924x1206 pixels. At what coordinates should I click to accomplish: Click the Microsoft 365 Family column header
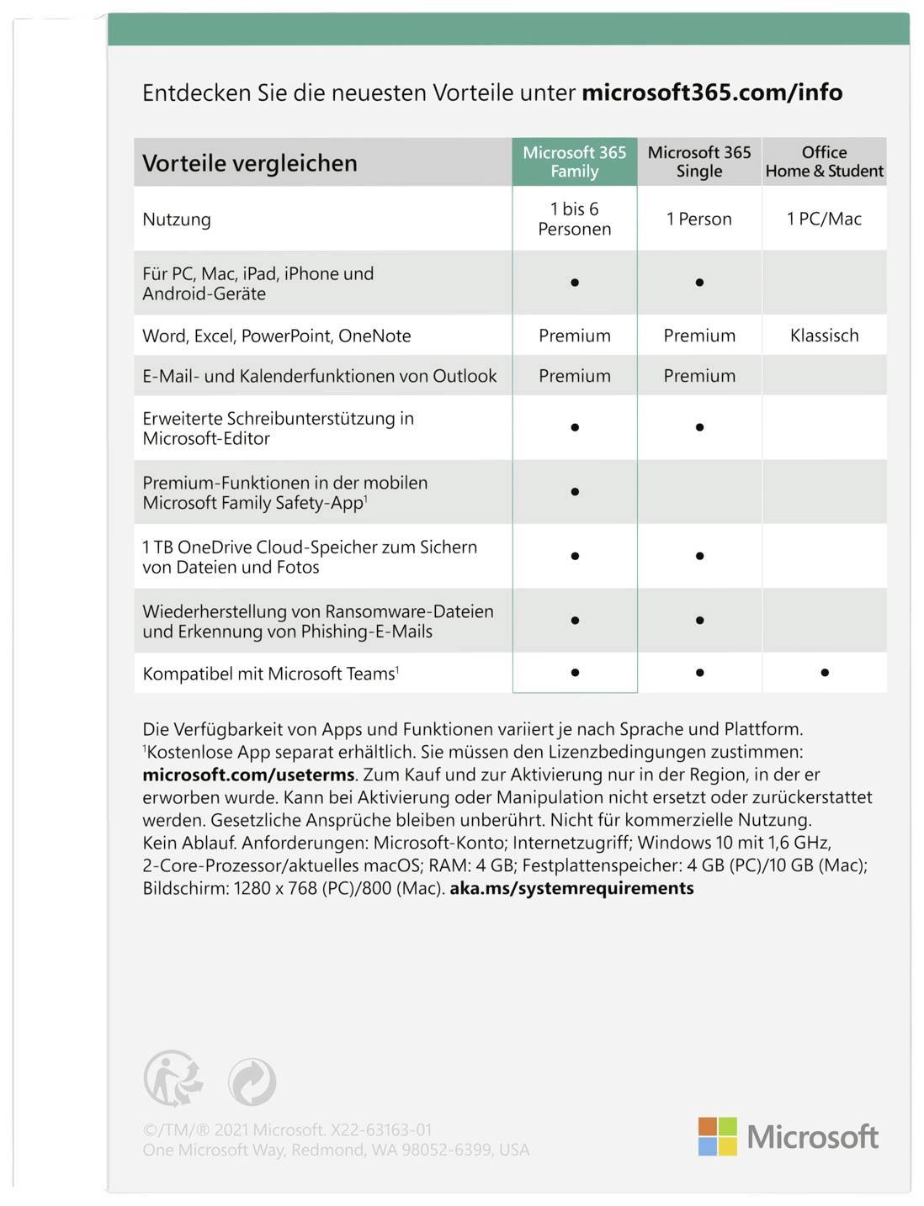click(x=574, y=161)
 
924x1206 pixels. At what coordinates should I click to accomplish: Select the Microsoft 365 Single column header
click(x=698, y=161)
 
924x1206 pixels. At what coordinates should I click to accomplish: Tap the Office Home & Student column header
click(x=824, y=161)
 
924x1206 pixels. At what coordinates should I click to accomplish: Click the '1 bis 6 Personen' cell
click(x=574, y=219)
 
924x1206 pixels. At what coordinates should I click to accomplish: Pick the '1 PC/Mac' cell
click(x=824, y=219)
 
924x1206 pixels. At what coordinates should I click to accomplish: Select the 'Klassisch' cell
click(x=824, y=336)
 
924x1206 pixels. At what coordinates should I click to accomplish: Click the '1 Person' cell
click(x=698, y=219)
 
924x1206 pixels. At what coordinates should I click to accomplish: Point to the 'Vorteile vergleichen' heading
click(x=250, y=163)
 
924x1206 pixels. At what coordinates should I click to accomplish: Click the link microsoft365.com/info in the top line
click(x=712, y=93)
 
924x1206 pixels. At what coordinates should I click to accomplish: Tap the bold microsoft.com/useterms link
click(x=248, y=775)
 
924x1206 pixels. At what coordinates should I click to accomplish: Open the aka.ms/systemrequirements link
click(x=571, y=888)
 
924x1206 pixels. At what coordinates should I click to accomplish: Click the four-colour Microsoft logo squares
click(x=717, y=1136)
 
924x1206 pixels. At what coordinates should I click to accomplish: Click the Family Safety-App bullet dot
click(x=575, y=492)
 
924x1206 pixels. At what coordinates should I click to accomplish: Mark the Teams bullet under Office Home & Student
click(x=825, y=673)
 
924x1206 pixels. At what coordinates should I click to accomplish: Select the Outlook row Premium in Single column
click(x=698, y=376)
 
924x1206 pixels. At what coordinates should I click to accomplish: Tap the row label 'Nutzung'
click(x=177, y=220)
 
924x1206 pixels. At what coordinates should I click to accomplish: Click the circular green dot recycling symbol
click(x=252, y=1082)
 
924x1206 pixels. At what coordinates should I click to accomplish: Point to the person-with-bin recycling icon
click(x=173, y=1078)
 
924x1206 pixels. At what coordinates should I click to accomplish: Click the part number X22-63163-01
click(x=381, y=1129)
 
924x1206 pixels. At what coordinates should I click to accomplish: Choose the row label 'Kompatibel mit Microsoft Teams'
click(x=269, y=674)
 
